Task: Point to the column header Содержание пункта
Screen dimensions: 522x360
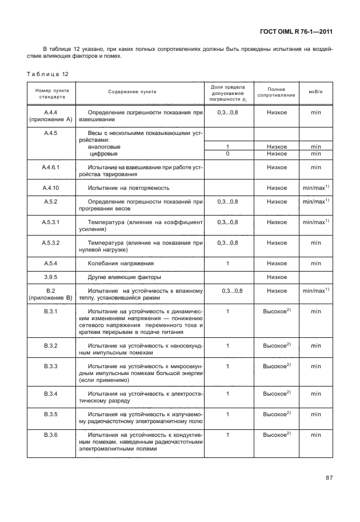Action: click(132, 91)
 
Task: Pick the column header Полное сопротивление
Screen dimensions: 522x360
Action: click(276, 92)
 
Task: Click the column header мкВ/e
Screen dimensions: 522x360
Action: click(315, 91)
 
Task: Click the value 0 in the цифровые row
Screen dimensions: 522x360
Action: click(227, 154)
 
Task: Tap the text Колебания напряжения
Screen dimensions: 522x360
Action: click(121, 263)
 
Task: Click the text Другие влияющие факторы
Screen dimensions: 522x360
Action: click(125, 277)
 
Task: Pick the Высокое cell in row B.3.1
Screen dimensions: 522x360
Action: click(277, 312)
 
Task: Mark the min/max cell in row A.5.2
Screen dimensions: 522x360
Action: click(316, 202)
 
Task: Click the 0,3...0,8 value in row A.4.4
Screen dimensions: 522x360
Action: click(227, 113)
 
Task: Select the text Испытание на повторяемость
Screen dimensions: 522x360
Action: click(128, 188)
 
